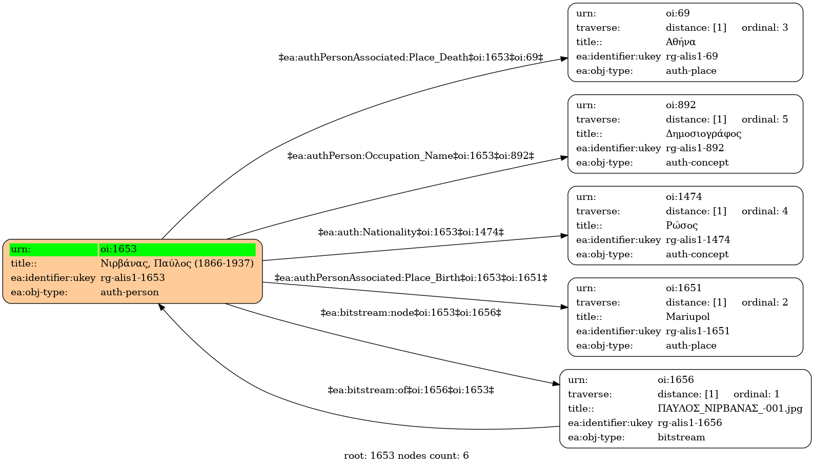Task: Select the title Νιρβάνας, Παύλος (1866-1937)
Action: [x=177, y=263]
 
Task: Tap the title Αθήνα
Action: [x=681, y=42]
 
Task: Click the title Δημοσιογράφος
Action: [x=703, y=134]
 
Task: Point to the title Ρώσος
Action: [x=682, y=226]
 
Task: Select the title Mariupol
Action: [x=687, y=316]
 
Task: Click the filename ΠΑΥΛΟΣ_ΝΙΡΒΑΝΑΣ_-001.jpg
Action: [x=730, y=409]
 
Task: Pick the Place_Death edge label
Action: [x=411, y=57]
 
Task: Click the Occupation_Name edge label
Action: [x=411, y=156]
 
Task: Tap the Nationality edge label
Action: [x=411, y=232]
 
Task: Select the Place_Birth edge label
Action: [x=411, y=278]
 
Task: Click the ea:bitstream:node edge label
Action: [x=411, y=313]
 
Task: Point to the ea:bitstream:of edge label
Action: [x=411, y=390]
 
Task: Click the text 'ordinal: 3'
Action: [x=765, y=28]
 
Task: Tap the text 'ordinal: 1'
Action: [x=757, y=394]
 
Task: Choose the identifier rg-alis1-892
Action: [x=695, y=148]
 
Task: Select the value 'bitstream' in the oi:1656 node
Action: [x=681, y=437]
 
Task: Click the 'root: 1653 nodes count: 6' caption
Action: [x=406, y=455]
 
